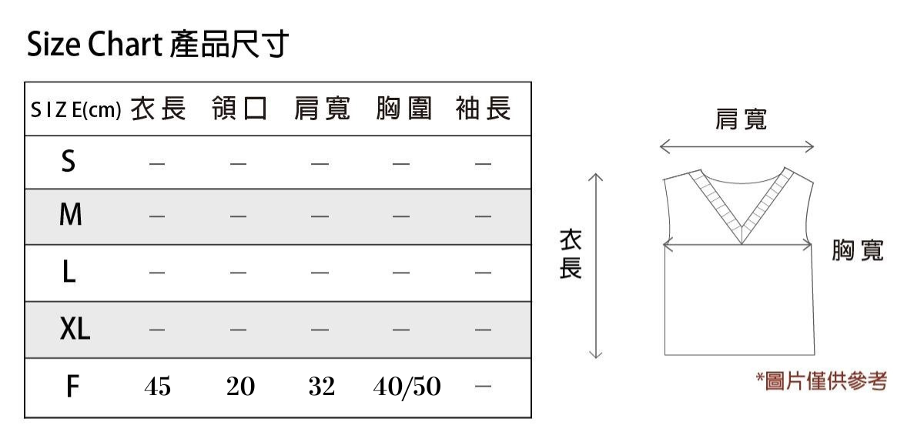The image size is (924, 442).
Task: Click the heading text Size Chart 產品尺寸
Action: (158, 44)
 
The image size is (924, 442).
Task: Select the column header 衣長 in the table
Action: (159, 109)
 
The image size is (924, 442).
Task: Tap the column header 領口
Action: (239, 109)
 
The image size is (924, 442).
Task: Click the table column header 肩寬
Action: (322, 109)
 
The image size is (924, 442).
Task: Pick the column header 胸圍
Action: (403, 109)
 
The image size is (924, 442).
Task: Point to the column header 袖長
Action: (484, 109)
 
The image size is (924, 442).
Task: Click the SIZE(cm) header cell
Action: (76, 110)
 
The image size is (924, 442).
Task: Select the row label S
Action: (69, 162)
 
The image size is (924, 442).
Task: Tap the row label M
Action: (71, 215)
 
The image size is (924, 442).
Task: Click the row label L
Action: (69, 272)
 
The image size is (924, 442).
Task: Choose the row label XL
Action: (75, 329)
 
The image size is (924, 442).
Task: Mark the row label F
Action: (72, 387)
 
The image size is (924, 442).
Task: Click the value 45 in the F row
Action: (158, 387)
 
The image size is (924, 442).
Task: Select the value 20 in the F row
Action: (240, 387)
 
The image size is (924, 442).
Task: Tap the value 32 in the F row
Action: (322, 387)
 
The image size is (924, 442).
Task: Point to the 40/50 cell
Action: (407, 387)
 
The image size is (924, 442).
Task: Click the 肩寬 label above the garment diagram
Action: (742, 119)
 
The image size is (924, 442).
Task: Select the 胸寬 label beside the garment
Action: (858, 250)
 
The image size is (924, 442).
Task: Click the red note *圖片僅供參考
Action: (822, 381)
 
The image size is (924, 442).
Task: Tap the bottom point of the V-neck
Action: (742, 244)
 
